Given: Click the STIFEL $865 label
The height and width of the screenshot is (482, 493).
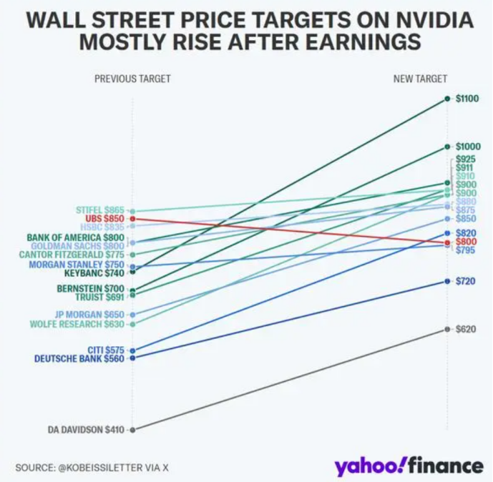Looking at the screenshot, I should click(x=99, y=210).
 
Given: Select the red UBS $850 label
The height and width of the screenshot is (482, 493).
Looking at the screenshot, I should click(x=104, y=218).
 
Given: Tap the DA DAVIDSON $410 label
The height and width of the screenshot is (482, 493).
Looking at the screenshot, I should click(x=86, y=430).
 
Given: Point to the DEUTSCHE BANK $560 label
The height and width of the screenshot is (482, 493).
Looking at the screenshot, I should click(x=79, y=358).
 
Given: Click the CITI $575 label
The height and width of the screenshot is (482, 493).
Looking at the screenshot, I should click(x=105, y=350).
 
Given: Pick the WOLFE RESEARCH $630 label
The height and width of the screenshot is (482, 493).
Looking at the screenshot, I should click(x=77, y=324).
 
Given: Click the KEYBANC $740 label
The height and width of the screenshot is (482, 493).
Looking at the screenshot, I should click(x=94, y=272).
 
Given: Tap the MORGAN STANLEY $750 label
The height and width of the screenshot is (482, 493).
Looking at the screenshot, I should click(x=77, y=265).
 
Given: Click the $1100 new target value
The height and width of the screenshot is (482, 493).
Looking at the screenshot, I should click(x=467, y=99).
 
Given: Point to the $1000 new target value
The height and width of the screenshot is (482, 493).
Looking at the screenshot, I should click(x=467, y=147).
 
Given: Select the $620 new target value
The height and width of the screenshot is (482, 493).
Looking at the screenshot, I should click(x=465, y=329).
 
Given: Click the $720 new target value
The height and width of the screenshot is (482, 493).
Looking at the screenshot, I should click(x=465, y=281).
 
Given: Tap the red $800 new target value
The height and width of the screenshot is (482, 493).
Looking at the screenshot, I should click(x=465, y=242).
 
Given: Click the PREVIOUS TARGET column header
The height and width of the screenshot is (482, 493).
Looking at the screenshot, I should click(x=132, y=79).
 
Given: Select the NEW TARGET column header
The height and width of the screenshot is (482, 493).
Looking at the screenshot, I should click(x=420, y=79).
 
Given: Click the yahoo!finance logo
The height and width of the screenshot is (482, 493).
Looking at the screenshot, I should click(x=408, y=466).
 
